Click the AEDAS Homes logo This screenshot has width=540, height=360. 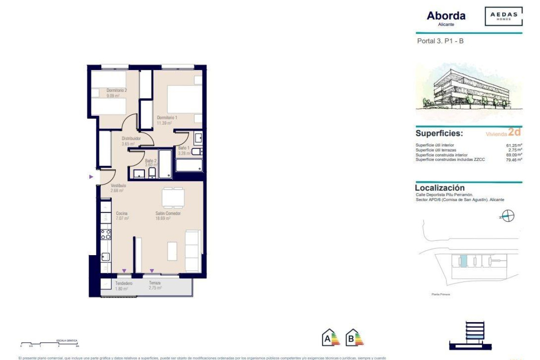(x=504, y=16)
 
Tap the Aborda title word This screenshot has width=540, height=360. (x=446, y=16)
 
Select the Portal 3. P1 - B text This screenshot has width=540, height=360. (x=440, y=41)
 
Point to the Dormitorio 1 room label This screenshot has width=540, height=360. (x=167, y=118)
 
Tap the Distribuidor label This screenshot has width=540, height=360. (x=131, y=139)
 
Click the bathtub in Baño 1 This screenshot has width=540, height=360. (x=189, y=165)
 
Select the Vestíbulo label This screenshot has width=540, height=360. (x=118, y=185)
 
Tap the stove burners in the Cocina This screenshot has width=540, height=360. (x=106, y=234)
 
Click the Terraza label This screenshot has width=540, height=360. (x=155, y=283)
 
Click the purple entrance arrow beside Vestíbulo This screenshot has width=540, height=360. (x=91, y=177)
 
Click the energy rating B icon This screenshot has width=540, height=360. (x=354, y=337)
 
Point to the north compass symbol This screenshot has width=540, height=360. (x=508, y=216)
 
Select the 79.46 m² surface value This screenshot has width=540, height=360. (x=513, y=160)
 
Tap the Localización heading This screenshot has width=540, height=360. (x=440, y=188)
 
